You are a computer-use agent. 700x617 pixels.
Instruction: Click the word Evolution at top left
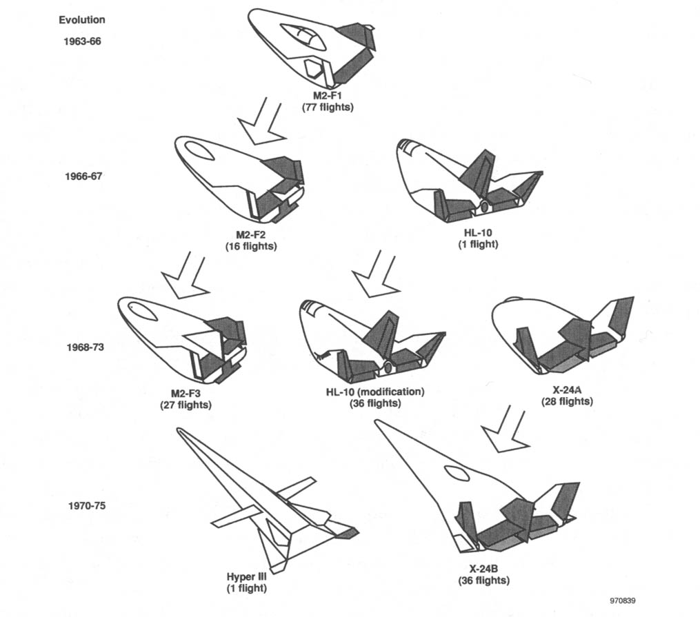(x=81, y=20)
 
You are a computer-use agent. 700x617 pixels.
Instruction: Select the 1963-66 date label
(x=82, y=41)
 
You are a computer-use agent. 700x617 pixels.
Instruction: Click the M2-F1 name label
(x=327, y=96)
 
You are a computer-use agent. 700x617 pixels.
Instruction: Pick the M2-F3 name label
(x=186, y=394)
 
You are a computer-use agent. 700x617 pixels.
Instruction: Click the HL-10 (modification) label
(x=375, y=392)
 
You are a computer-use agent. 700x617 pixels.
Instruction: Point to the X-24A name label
(x=567, y=391)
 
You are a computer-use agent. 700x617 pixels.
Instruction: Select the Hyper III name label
(x=246, y=576)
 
